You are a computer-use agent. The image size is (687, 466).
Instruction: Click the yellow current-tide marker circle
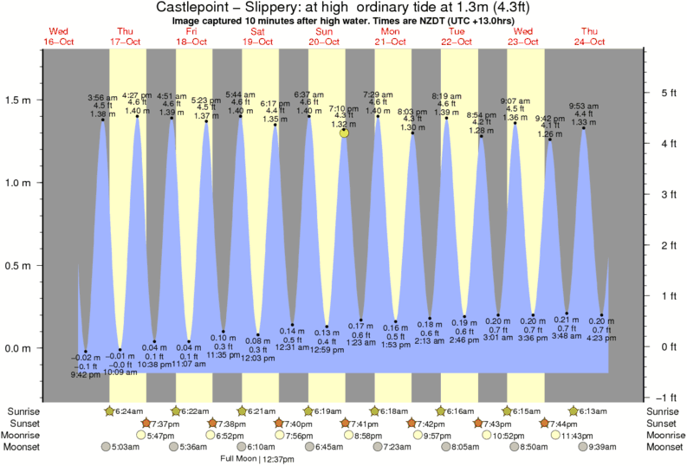(345, 133)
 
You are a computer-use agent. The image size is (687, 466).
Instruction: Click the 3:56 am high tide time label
(103, 97)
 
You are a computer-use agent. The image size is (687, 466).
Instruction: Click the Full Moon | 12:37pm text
(257, 459)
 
